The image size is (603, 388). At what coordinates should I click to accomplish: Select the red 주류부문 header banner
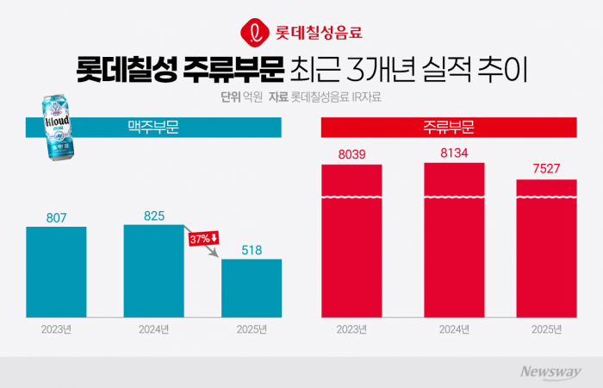coord(449,128)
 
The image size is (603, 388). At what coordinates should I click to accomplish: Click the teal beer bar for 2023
coord(56,271)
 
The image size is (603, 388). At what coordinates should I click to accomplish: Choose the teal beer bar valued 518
coord(251,287)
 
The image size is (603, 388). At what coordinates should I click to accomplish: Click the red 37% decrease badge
coord(204,238)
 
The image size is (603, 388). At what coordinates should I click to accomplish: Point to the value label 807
coord(56,217)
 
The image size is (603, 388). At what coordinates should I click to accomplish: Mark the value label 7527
coord(546,169)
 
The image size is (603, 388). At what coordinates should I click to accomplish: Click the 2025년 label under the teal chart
coord(251,329)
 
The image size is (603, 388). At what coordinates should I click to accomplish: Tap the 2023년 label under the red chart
coord(351,329)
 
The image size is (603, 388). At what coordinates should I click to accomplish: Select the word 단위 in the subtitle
coord(231,97)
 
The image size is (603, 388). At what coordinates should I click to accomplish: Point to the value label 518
coord(251,250)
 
